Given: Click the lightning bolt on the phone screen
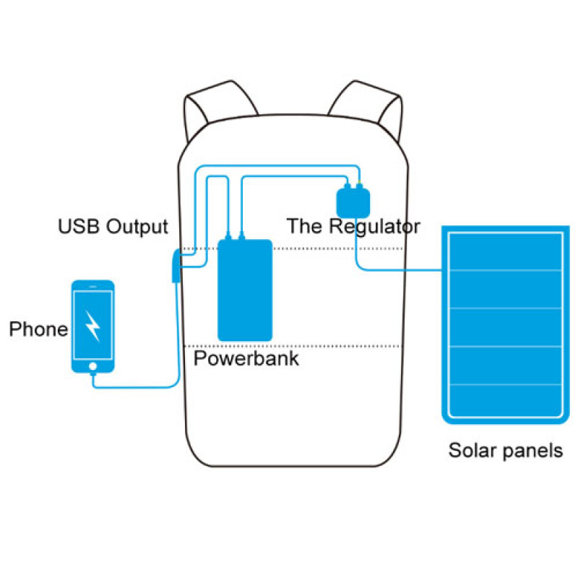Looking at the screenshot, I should coord(93,326).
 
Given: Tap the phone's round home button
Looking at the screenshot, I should coord(93,366).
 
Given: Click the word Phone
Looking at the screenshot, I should coord(38,329).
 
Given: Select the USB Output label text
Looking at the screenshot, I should coord(113,227).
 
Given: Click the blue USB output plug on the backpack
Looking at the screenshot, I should coord(176,267).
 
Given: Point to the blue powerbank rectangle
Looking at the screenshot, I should coord(245,290).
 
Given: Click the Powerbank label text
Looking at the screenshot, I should coord(246,358).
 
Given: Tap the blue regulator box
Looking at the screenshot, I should coord(353,200).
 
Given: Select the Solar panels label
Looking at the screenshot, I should coord(506,451).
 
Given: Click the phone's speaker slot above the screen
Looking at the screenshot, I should coord(93,285).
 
